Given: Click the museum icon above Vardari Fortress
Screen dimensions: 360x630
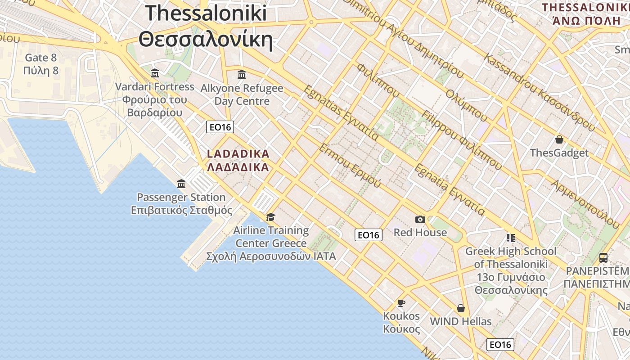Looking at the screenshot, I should (155, 73).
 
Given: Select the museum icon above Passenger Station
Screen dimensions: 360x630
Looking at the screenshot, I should (181, 184).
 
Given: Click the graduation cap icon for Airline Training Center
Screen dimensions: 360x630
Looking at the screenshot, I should (270, 217).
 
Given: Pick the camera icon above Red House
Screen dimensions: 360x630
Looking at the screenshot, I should (420, 219).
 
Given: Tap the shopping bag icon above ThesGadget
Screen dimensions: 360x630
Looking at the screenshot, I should (559, 139).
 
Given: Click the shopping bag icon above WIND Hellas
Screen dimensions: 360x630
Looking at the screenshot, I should (460, 308).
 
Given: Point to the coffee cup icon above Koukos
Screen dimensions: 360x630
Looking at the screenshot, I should (401, 303).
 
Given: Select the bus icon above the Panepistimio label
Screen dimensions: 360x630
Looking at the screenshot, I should (603, 258).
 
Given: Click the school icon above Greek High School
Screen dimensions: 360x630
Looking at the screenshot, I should (510, 238).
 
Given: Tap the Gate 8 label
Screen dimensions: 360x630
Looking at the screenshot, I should (41, 58).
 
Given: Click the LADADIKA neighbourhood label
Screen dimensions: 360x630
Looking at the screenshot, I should (238, 154).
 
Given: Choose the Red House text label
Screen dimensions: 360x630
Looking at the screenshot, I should (420, 232).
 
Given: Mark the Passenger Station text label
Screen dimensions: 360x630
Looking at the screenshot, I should (181, 197).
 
